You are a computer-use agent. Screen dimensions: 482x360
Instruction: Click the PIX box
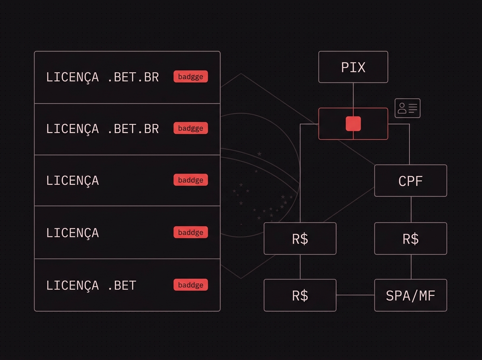point(353,67)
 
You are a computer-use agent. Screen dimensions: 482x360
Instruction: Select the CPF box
point(411,180)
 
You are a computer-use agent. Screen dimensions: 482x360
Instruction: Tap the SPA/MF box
point(411,295)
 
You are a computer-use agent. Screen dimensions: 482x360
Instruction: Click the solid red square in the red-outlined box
point(353,124)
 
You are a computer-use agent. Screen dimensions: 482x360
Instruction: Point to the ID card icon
point(408,108)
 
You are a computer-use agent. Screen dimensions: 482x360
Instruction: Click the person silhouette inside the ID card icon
point(402,108)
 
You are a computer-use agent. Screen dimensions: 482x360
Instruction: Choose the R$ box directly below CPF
point(411,239)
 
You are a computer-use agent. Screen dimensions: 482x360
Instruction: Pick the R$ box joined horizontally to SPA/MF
point(300,295)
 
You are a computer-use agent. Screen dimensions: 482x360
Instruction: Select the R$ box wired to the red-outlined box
point(300,239)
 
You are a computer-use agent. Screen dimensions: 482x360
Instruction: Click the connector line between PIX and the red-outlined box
point(353,95)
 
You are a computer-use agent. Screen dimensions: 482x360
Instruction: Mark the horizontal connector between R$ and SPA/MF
point(355,295)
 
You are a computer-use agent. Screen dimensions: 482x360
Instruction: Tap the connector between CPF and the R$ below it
point(411,210)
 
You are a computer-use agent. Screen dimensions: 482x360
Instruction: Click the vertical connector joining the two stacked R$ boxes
point(300,267)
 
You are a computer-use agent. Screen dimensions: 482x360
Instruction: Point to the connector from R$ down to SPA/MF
point(411,267)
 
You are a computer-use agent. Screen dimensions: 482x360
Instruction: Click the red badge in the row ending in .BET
point(191,284)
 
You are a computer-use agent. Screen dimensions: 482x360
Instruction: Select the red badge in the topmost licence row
point(191,76)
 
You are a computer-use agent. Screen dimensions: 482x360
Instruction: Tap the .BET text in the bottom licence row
point(122,285)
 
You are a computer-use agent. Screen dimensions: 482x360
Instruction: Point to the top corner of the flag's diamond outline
point(241,74)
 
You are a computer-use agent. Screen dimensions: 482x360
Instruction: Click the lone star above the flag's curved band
point(259,154)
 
